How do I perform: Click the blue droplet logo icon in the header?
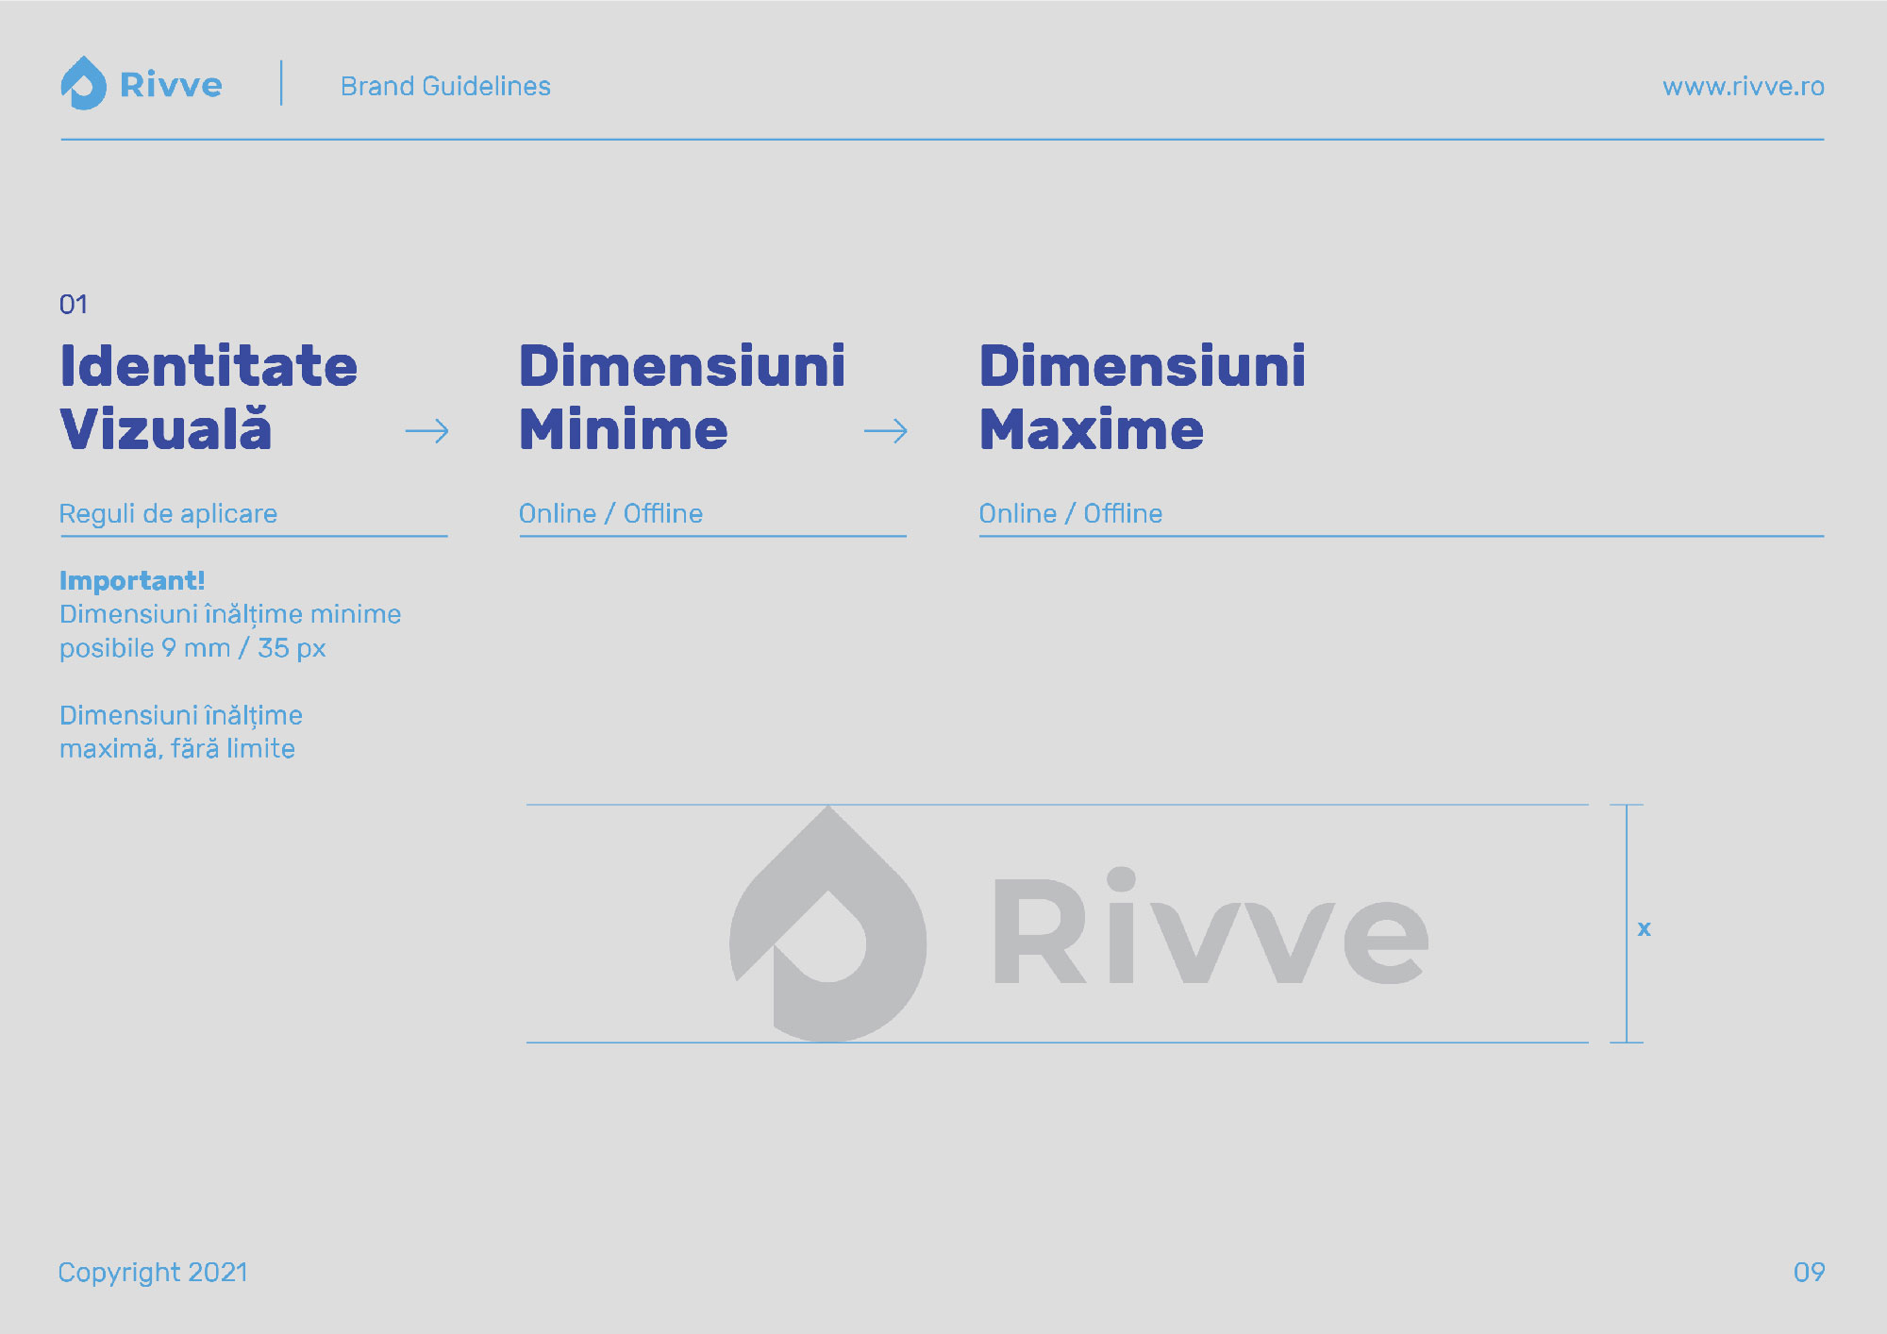click(x=84, y=83)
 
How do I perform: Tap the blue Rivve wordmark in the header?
click(x=171, y=85)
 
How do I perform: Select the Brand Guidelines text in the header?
click(x=445, y=86)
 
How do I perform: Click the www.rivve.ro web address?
click(x=1743, y=87)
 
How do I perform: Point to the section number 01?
click(x=74, y=304)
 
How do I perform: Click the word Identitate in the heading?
click(x=209, y=366)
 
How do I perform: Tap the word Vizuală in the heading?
click(x=166, y=429)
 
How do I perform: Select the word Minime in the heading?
click(x=624, y=429)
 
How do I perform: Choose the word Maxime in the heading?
click(x=1092, y=429)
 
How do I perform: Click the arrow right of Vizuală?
click(x=427, y=432)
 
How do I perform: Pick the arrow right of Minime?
click(x=886, y=432)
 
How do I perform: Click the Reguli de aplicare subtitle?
click(x=168, y=514)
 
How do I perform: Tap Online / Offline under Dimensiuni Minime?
click(x=610, y=513)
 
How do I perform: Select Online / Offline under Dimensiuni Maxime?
click(x=1071, y=513)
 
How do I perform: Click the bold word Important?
click(x=132, y=580)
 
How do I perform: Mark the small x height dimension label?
click(x=1645, y=928)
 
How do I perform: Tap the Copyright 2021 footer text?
click(x=153, y=1273)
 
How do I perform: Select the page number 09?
click(x=1809, y=1273)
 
